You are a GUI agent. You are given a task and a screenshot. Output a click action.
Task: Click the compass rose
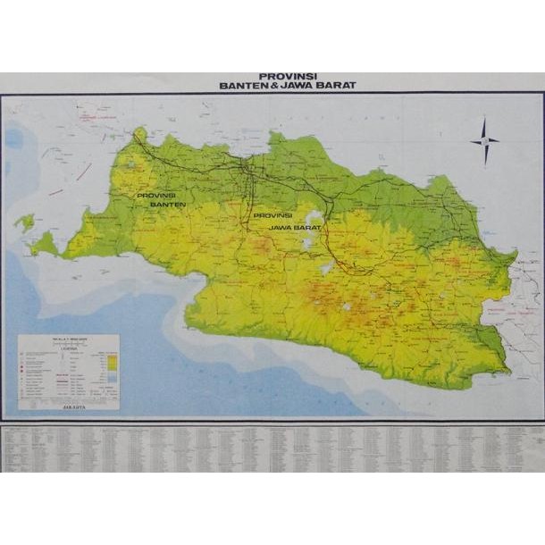click(485, 141)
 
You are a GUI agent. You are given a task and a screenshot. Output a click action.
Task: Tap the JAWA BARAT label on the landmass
click(286, 228)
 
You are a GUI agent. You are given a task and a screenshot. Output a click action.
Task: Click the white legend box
click(69, 371)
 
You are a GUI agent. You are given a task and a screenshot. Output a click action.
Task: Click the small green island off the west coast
click(24, 222)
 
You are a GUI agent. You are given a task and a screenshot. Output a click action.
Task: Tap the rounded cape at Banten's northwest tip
click(138, 136)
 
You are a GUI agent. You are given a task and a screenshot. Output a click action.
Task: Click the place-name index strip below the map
click(272, 448)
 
